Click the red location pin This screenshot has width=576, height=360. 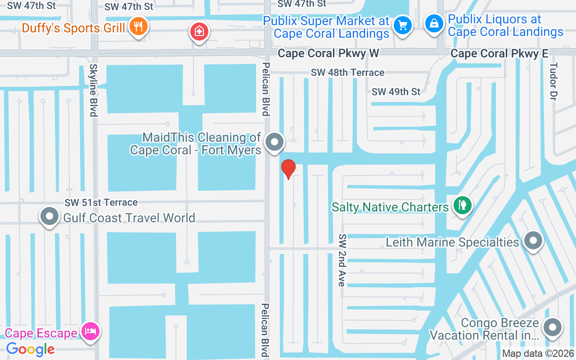pyautogui.click(x=288, y=169)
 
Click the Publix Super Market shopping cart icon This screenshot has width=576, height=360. pyautogui.click(x=402, y=25)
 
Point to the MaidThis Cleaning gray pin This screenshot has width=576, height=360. pyautogui.click(x=274, y=143)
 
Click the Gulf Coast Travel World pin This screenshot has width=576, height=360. pyautogui.click(x=49, y=217)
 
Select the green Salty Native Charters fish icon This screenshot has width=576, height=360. pyautogui.click(x=462, y=206)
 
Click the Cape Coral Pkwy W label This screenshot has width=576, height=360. pyautogui.click(x=328, y=54)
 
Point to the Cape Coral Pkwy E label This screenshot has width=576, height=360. pyautogui.click(x=499, y=54)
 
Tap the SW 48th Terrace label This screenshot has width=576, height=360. pyautogui.click(x=348, y=72)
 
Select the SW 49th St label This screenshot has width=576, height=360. pyautogui.click(x=396, y=92)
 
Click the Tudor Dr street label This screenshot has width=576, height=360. pyautogui.click(x=553, y=81)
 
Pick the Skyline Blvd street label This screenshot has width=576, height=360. pyautogui.click(x=94, y=90)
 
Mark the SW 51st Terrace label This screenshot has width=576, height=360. pyautogui.click(x=101, y=202)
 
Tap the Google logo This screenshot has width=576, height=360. pyautogui.click(x=31, y=349)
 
